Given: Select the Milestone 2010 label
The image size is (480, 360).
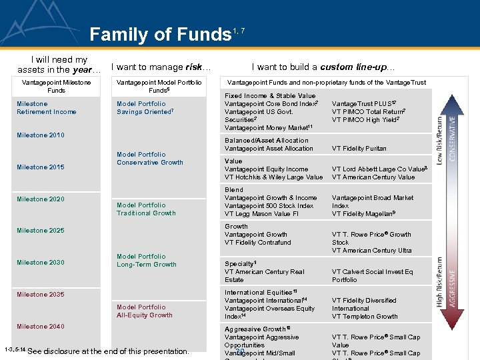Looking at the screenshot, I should (x=41, y=135).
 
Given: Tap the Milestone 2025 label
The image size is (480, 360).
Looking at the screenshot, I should (x=41, y=231).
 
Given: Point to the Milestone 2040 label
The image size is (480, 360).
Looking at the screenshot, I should (x=41, y=327).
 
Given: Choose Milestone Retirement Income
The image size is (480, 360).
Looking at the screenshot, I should (x=47, y=108).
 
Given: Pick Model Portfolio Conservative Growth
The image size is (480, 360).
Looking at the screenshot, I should (x=149, y=159).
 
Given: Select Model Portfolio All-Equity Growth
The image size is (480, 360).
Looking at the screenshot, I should (x=144, y=311).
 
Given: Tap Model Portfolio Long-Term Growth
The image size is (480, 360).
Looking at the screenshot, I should (x=146, y=261).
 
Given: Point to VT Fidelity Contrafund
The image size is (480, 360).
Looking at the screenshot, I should (x=258, y=243).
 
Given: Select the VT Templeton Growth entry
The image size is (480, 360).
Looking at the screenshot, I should (x=365, y=317).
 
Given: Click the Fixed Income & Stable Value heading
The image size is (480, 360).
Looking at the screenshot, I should (x=270, y=96).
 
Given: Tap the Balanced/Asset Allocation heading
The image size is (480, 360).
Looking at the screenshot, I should (x=267, y=141).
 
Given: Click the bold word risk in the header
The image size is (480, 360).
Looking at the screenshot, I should (x=194, y=67).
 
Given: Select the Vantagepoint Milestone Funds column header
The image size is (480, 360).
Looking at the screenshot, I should (x=56, y=86).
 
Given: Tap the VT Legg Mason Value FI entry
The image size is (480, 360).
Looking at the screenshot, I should (x=261, y=214).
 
